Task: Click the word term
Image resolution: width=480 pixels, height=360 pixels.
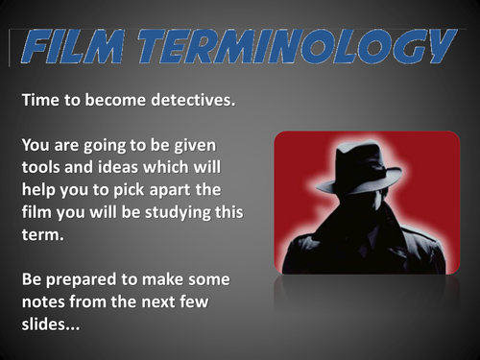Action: pyautogui.click(x=36, y=233)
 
